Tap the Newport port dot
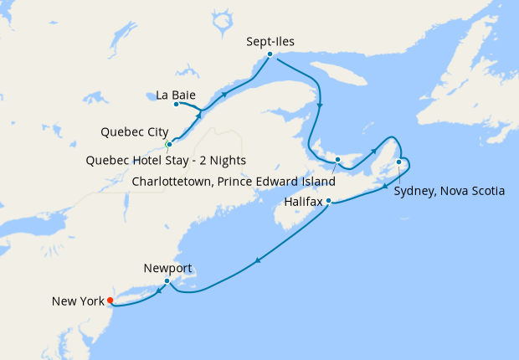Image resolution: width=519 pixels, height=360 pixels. pyautogui.click(x=167, y=281)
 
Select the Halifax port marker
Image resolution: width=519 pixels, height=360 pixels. pyautogui.click(x=329, y=201)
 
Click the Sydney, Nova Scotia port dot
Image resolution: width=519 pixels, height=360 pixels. pyautogui.click(x=399, y=162)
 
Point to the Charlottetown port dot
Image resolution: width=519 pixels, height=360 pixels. pyautogui.click(x=337, y=159)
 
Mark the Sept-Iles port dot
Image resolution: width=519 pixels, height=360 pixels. pyautogui.click(x=270, y=54)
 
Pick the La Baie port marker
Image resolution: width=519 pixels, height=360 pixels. pyautogui.click(x=176, y=105)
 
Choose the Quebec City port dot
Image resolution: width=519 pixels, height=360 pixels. pyautogui.click(x=169, y=145)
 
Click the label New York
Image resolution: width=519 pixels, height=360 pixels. pyautogui.click(x=77, y=301)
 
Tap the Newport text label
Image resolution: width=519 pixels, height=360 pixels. pyautogui.click(x=167, y=268)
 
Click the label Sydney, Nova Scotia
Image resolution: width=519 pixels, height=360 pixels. pyautogui.click(x=449, y=191)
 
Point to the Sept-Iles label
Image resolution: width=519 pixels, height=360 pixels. pyautogui.click(x=270, y=40)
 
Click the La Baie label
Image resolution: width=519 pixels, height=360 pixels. pyautogui.click(x=176, y=95)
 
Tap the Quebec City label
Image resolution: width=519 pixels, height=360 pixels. pyautogui.click(x=134, y=132)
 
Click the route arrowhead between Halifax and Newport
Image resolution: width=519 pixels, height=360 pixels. pyautogui.click(x=257, y=262)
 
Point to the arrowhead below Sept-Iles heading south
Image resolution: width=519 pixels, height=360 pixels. pyautogui.click(x=321, y=105)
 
